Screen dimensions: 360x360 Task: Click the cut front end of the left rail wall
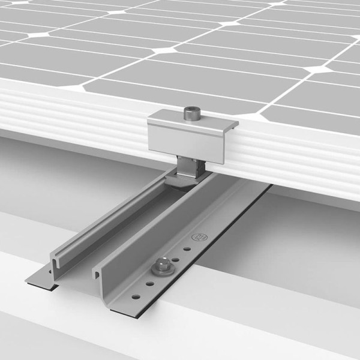click(x=55, y=262)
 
